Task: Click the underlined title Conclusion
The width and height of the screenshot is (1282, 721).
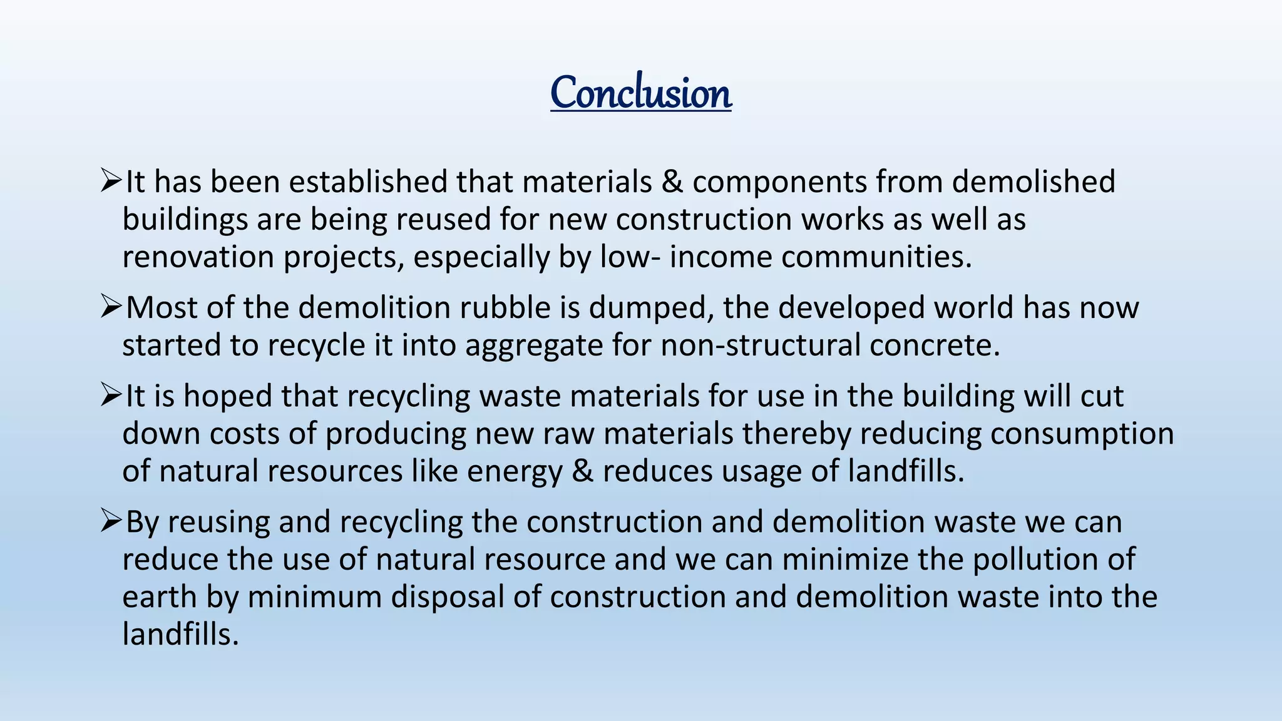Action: tap(641, 93)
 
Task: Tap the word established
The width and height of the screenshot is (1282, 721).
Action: tap(367, 182)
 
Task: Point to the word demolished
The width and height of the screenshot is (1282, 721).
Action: tap(1033, 182)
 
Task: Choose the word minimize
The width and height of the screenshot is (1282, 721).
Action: tap(844, 560)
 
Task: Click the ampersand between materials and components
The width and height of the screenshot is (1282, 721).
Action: tap(672, 182)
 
